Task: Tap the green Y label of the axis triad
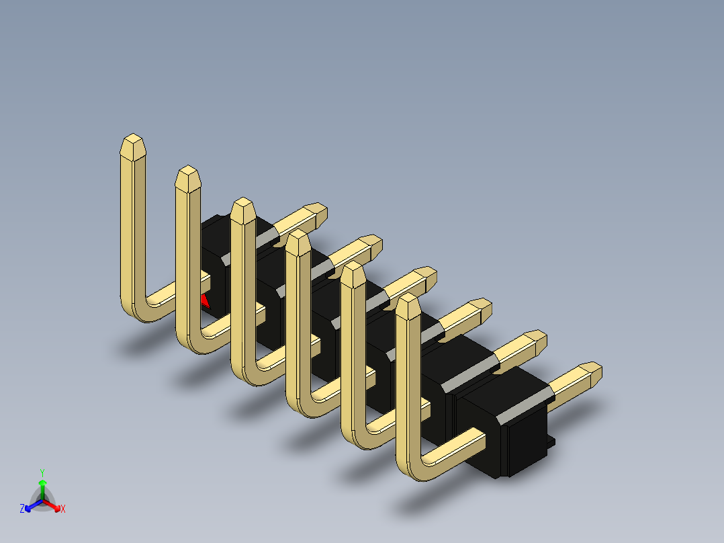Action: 42,472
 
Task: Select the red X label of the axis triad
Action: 63,509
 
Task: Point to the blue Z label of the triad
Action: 22,509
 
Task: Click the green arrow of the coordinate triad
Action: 42,485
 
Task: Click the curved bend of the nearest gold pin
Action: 413,467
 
